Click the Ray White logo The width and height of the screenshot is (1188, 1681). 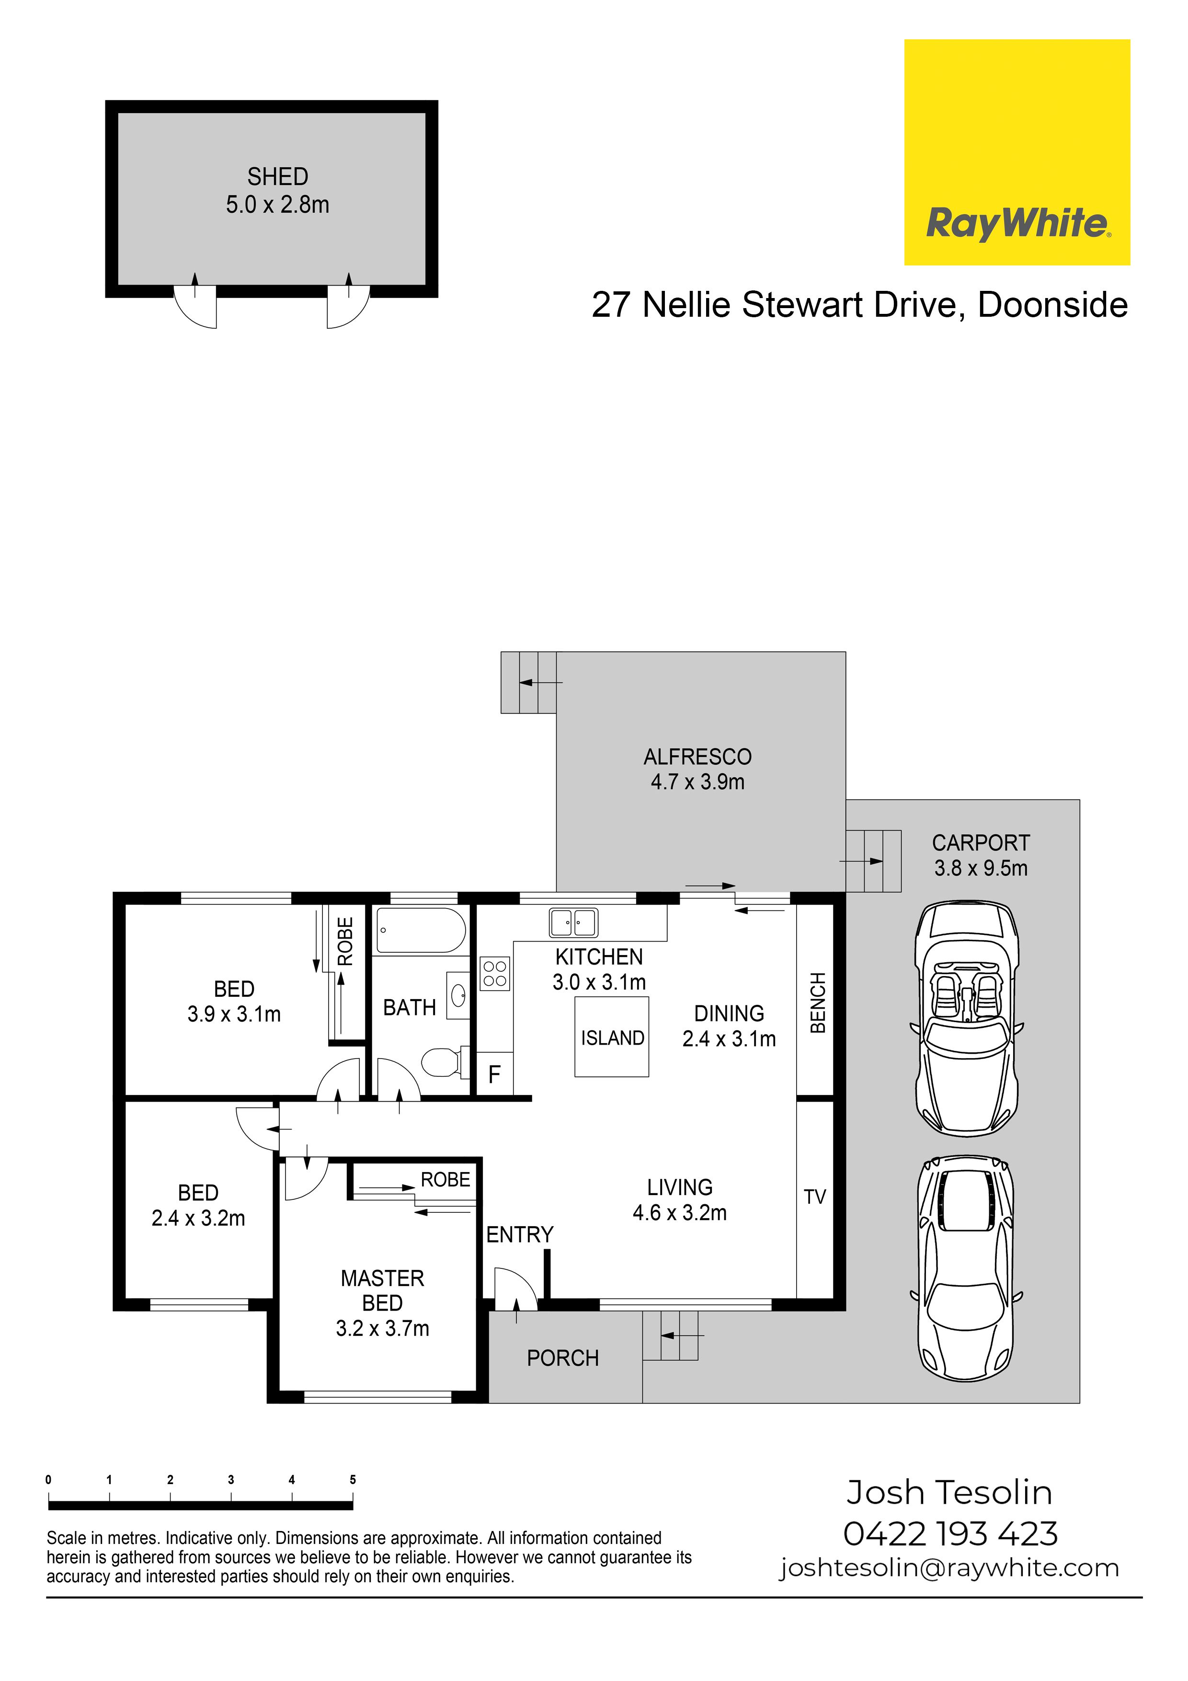(1017, 152)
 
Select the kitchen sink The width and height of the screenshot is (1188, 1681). (573, 922)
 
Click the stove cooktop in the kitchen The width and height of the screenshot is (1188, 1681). (495, 974)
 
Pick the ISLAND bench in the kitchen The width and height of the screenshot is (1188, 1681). (612, 1036)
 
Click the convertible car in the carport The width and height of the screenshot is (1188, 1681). (966, 1018)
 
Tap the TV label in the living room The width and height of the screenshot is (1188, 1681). (815, 1197)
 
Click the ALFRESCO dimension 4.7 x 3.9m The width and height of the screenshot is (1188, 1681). (697, 782)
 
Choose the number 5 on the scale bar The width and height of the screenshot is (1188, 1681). (353, 1480)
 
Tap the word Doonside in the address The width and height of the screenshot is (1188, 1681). (1052, 305)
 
